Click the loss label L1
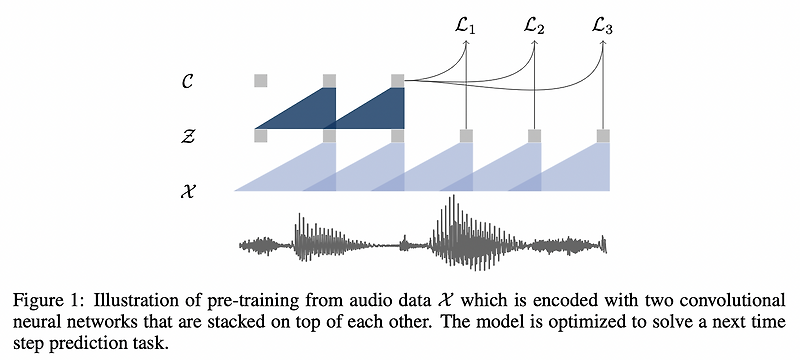[465, 27]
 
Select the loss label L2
[534, 27]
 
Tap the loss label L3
[603, 27]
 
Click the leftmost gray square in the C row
[260, 80]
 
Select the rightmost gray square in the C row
[397, 80]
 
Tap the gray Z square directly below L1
[465, 135]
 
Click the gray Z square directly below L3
[603, 135]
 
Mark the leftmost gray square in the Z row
[260, 135]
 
